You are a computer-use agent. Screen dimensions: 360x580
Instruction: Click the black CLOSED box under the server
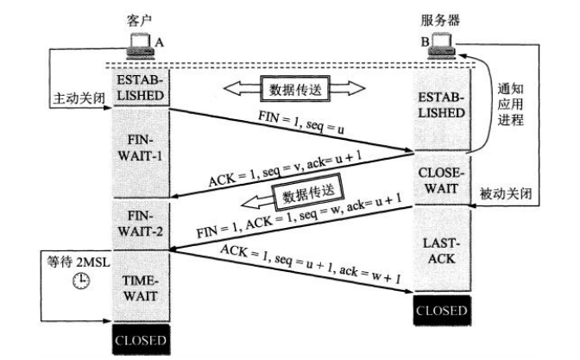442,309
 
